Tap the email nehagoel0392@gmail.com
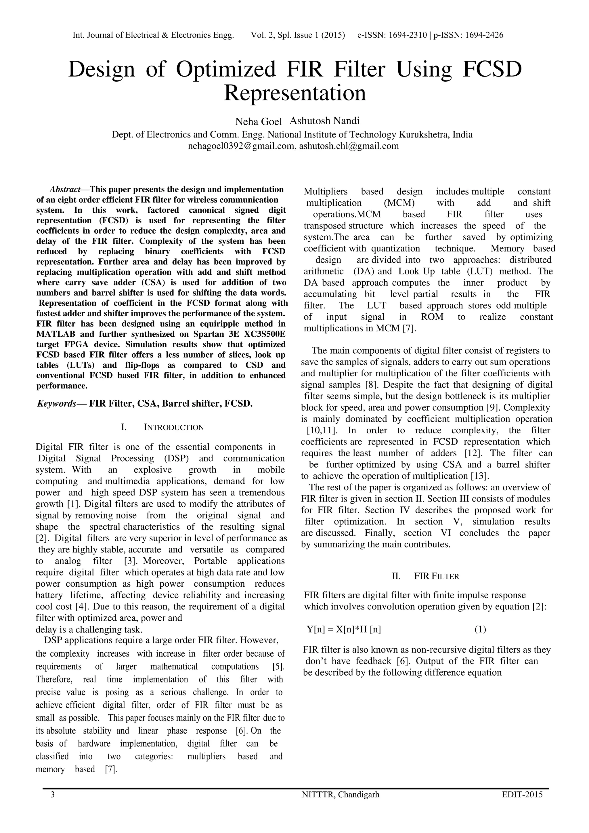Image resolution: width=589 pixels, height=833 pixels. (242, 146)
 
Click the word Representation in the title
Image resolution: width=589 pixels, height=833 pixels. (295, 93)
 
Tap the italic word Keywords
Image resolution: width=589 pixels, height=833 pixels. (57, 403)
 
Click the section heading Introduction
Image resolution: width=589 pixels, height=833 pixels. (174, 427)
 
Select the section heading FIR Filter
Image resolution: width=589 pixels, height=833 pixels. (436, 576)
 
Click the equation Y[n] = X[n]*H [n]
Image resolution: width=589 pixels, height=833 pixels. (343, 630)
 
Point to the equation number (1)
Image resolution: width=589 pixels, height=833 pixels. (480, 630)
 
